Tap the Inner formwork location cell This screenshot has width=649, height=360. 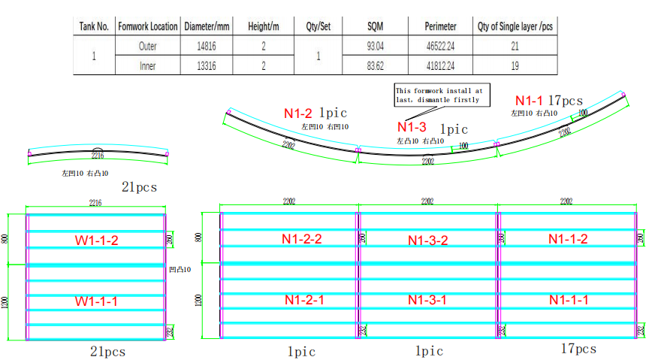coord(148,66)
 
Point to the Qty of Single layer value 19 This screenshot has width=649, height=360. coord(515,66)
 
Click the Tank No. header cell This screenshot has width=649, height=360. coord(94,26)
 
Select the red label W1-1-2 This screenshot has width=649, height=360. coord(97,241)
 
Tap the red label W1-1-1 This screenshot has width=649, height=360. coord(97,301)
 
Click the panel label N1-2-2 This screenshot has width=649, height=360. coord(303,239)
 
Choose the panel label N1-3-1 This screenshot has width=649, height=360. coord(428,300)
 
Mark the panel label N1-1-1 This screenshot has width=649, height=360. coord(568,300)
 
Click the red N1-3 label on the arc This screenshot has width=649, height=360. coord(412,127)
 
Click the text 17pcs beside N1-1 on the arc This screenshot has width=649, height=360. coord(566,101)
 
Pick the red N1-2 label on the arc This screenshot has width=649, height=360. coord(298,114)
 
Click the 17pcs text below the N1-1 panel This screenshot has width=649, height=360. coord(578,349)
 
